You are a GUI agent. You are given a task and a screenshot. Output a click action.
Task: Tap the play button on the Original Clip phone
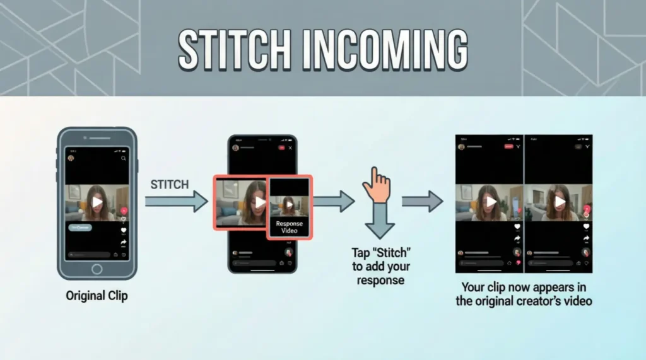point(97,202)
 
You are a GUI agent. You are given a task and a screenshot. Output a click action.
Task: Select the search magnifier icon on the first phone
point(124,158)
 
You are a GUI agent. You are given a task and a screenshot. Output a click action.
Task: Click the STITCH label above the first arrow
point(169,185)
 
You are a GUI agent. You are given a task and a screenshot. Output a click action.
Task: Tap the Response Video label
point(289,227)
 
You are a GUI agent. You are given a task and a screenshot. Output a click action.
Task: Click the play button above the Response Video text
point(289,205)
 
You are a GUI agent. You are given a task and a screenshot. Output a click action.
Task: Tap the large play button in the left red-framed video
point(260,202)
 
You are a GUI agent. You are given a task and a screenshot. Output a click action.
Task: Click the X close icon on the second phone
point(290,148)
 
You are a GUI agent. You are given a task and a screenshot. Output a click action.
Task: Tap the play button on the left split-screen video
point(491,201)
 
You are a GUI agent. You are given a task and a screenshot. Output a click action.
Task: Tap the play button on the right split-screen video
point(559,201)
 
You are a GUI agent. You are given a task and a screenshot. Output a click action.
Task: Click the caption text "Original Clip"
point(97,295)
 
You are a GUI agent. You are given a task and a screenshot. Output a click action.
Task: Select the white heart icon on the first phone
point(124,230)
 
